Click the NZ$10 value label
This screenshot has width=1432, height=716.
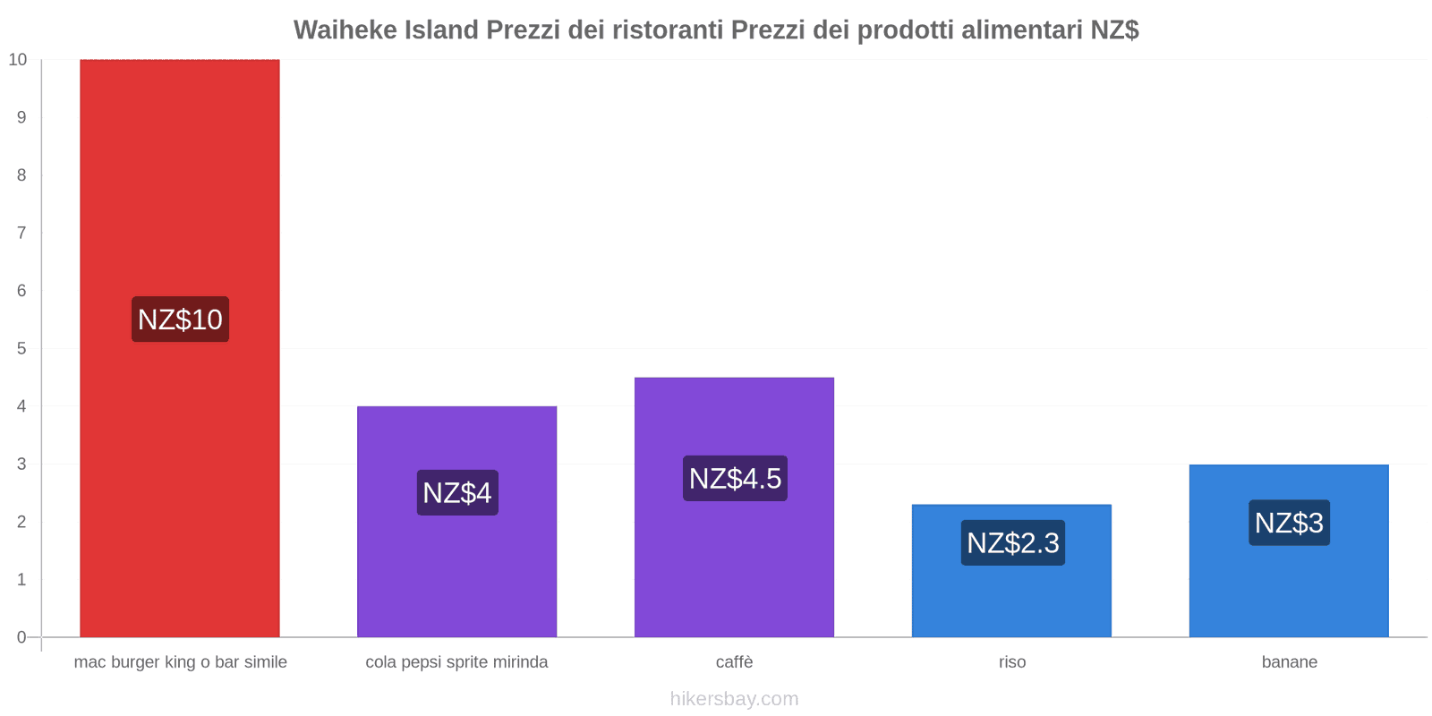tap(180, 320)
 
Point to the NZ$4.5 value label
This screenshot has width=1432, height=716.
tap(735, 479)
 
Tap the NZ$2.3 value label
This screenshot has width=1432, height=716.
tap(1012, 543)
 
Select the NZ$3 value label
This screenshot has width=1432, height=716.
tap(1289, 523)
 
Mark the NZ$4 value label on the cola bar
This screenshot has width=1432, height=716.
tap(457, 493)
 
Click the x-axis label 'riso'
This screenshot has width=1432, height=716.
tap(1012, 662)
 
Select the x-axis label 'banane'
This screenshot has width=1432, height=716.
tap(1289, 662)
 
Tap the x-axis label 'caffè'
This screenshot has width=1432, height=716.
tap(734, 662)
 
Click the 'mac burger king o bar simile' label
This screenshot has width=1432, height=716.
tap(180, 662)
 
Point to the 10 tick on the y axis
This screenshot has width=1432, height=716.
tap(18, 60)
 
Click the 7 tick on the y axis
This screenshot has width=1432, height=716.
tap(21, 233)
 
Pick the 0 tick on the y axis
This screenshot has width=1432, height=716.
tap(21, 637)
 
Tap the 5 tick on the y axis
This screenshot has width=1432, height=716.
tap(21, 348)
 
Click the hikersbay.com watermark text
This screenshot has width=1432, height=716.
tap(734, 699)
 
